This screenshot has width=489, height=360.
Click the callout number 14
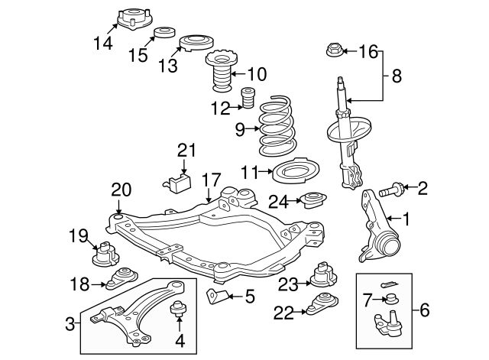point(102,44)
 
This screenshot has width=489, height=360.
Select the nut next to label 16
point(334,51)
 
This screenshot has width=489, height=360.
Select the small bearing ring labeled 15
point(163,34)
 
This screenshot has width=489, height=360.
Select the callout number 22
point(284,311)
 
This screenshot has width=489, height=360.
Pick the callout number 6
point(425,310)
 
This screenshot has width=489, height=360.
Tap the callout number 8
point(397,76)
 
